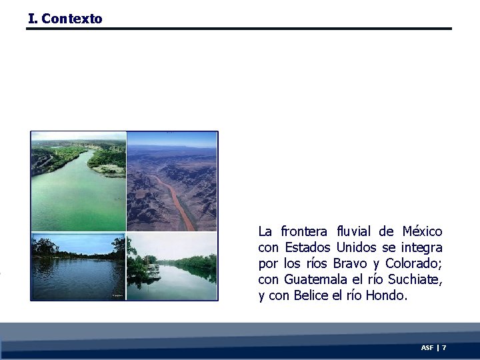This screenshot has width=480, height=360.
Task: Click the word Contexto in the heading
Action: tap(72, 19)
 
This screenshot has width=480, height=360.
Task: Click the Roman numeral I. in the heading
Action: tap(33, 19)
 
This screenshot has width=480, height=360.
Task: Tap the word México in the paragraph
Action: tap(422, 231)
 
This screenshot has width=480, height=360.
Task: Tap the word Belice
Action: tap(311, 295)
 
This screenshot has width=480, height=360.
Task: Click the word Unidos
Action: tap(357, 247)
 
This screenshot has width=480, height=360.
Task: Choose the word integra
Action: tap(421, 247)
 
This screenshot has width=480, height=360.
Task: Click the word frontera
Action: tap(304, 231)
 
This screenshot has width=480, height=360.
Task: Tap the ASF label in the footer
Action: tap(427, 348)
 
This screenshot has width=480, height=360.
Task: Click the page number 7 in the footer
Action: tap(444, 348)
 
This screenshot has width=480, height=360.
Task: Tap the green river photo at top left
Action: tap(78, 181)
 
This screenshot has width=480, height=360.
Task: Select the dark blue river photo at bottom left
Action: tap(77, 267)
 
